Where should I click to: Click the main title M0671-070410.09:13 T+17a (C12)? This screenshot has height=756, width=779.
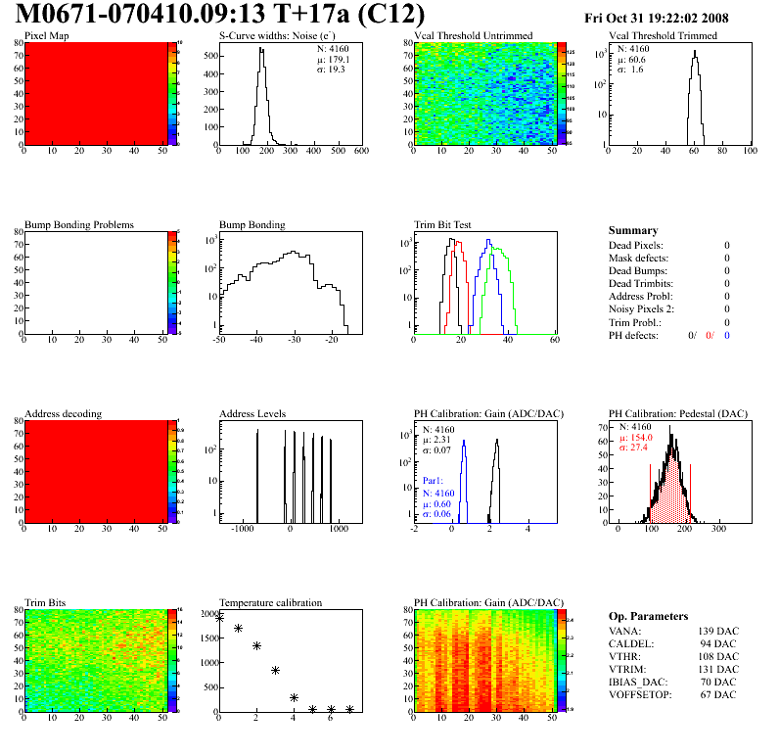click(x=221, y=15)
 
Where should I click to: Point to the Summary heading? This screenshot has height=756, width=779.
click(x=633, y=230)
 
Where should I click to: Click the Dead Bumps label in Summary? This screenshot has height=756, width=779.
click(x=637, y=270)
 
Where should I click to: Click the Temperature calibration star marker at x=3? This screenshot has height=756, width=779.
click(x=275, y=671)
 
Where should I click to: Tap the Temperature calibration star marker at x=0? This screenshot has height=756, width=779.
click(x=219, y=618)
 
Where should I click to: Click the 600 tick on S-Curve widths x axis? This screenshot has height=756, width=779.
click(x=361, y=152)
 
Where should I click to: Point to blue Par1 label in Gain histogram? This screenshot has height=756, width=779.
click(x=435, y=481)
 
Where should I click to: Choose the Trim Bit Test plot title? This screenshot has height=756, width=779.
click(x=442, y=225)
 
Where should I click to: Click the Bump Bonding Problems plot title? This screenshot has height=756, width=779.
click(x=79, y=225)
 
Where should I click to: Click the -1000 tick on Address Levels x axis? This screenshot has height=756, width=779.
click(x=241, y=529)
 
